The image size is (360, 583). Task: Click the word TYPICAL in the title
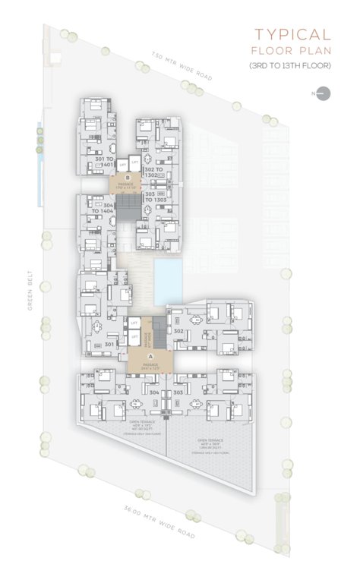click(x=292, y=35)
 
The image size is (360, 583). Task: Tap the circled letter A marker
click(x=150, y=356)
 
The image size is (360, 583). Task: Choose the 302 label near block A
click(x=179, y=332)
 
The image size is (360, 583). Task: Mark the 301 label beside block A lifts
click(x=109, y=344)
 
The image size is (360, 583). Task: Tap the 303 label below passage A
click(x=178, y=392)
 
